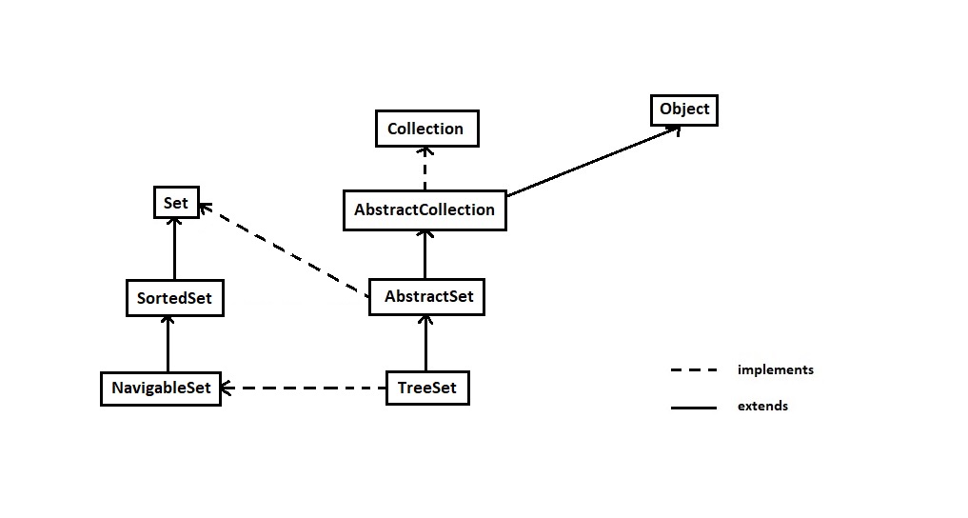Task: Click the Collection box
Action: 425,129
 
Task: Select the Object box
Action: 683,110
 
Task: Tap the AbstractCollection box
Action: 425,209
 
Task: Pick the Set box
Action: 175,203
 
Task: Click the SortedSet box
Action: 174,298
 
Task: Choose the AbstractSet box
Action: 428,297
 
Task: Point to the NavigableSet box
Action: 161,388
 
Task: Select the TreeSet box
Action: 427,388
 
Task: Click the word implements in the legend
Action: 775,370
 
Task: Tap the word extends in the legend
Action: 762,407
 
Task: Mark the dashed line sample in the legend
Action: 693,370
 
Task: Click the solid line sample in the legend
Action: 693,408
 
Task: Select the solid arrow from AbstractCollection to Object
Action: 590,163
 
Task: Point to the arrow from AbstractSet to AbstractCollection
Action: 425,254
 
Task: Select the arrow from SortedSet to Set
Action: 174,249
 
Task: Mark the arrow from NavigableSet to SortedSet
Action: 168,344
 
